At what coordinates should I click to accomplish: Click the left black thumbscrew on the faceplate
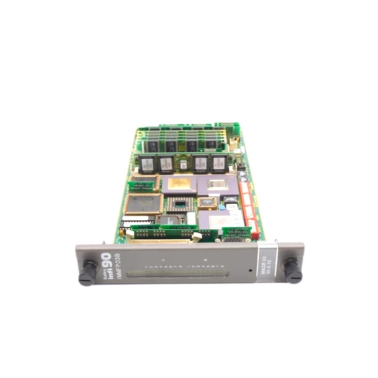click(x=87, y=273)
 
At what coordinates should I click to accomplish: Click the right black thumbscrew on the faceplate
click(x=293, y=271)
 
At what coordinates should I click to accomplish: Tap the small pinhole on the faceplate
click(x=250, y=271)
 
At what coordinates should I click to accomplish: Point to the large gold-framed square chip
click(x=143, y=204)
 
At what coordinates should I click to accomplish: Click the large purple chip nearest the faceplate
click(x=215, y=219)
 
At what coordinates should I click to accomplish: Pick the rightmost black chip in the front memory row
click(x=218, y=163)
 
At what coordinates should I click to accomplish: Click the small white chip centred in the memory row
click(x=183, y=163)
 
